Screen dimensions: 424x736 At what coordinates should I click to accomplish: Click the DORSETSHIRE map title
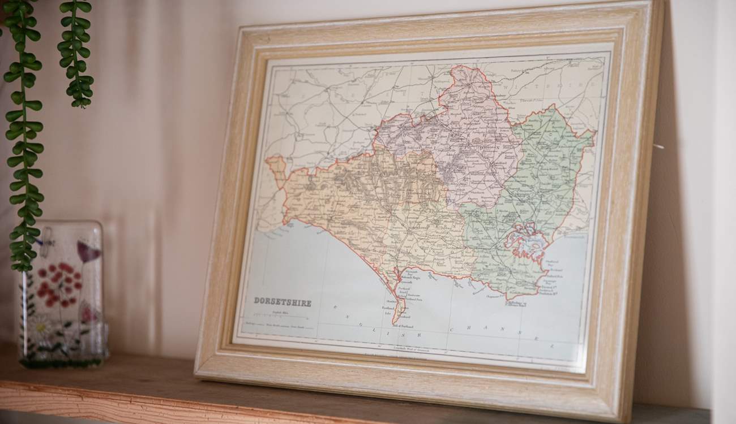(x=282, y=301)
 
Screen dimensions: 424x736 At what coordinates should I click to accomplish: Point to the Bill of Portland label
(x=403, y=327)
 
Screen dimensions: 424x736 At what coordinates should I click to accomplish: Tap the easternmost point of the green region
(x=594, y=133)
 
